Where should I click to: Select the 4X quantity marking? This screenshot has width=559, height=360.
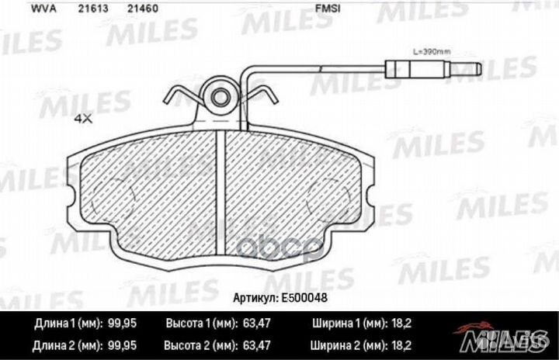click(83, 119)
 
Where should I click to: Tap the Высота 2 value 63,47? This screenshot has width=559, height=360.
click(272, 341)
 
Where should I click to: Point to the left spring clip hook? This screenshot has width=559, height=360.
click(181, 98)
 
